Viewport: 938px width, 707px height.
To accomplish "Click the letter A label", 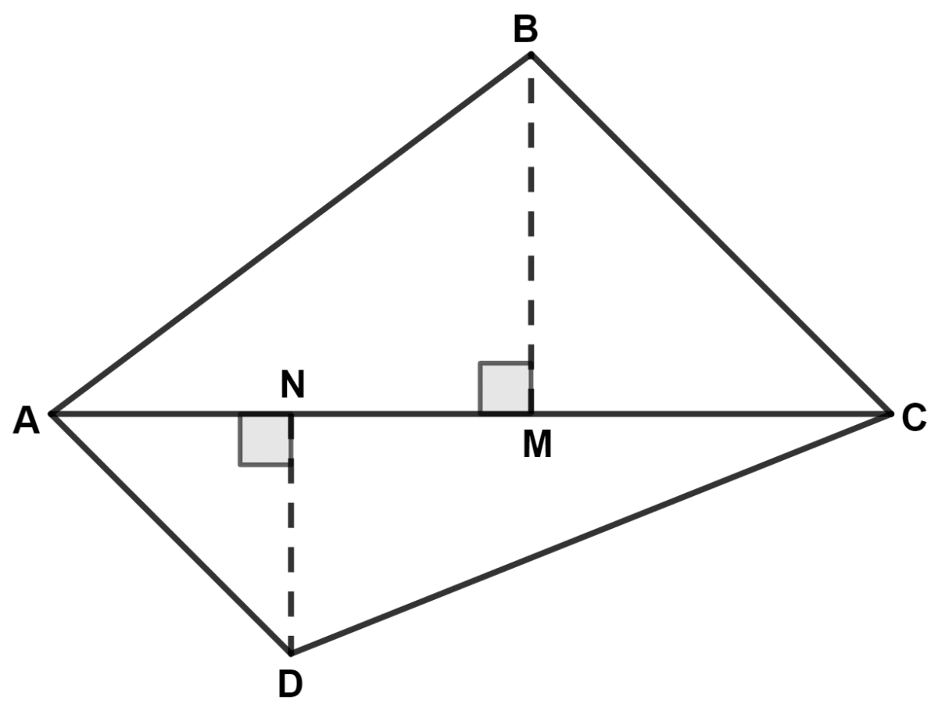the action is (x=27, y=421).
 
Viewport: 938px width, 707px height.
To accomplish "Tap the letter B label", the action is (x=526, y=30).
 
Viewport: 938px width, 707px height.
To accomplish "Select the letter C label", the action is (x=914, y=419).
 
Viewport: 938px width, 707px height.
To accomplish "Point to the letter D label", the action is (x=290, y=684).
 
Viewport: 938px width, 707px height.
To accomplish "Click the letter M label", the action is (x=537, y=445).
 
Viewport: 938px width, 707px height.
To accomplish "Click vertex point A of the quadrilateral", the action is (x=52, y=412).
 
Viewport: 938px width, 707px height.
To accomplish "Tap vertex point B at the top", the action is (x=531, y=55).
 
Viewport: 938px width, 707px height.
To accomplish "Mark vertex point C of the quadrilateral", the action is (x=890, y=412).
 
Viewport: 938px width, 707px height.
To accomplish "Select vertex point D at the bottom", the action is (x=291, y=652).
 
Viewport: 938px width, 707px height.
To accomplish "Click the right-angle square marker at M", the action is (x=505, y=387).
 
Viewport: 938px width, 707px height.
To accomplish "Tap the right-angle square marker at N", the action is (x=265, y=439).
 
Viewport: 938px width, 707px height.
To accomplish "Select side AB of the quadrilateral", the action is (x=289, y=234).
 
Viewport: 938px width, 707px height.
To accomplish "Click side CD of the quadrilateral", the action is (x=590, y=533).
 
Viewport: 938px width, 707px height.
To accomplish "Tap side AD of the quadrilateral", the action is (x=170, y=532).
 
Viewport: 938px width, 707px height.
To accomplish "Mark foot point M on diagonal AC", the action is (x=531, y=412).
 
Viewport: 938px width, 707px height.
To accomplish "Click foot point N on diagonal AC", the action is (x=291, y=412).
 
